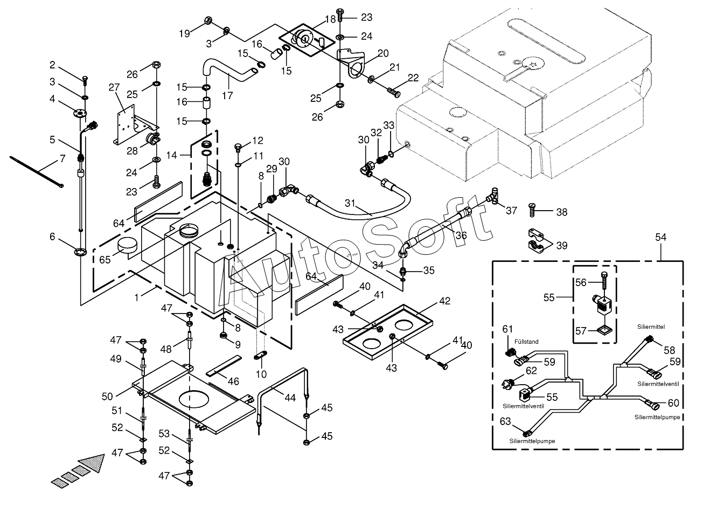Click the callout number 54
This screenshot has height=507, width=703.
[x=661, y=238]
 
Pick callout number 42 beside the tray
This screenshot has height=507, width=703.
[x=444, y=302]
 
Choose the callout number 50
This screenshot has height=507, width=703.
[x=107, y=397]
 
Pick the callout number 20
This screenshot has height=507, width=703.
[x=383, y=53]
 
